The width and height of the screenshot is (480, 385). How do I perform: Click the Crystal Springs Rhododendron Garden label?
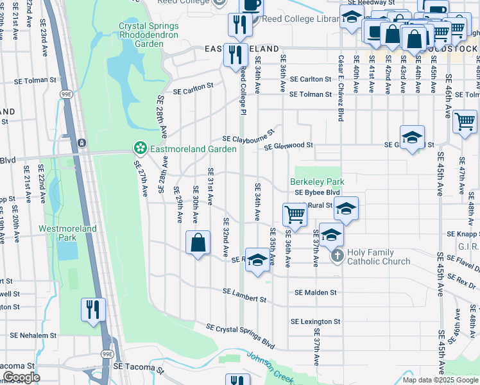pyautogui.click(x=149, y=35)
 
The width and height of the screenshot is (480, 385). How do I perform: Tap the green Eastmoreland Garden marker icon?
pyautogui.click(x=139, y=149)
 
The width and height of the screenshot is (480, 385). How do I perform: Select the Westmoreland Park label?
pyautogui.click(x=67, y=233)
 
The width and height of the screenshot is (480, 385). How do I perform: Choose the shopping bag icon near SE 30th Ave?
pyautogui.click(x=198, y=243)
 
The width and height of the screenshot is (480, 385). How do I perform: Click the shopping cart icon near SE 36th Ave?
pyautogui.click(x=295, y=214)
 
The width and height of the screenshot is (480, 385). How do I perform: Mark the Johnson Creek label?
pyautogui.click(x=270, y=369)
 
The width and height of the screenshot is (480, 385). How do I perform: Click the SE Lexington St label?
pyautogui.click(x=315, y=321)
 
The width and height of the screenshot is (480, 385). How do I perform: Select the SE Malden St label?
pyautogui.click(x=316, y=293)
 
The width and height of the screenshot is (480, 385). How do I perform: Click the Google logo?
pyautogui.click(x=21, y=377)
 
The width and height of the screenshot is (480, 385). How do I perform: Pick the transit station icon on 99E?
pyautogui.click(x=81, y=142)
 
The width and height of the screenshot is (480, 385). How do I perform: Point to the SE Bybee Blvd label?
pyautogui.click(x=317, y=193)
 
